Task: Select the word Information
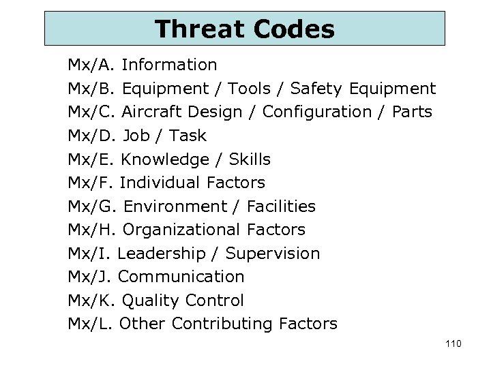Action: [170, 65]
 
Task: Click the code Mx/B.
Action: [93, 89]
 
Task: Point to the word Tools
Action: [249, 89]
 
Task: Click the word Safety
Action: [316, 89]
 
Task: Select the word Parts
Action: [412, 112]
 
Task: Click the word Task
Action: [187, 136]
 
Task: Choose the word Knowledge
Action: [164, 159]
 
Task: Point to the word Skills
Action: [250, 159]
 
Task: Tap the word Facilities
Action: [281, 206]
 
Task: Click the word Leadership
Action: [161, 254]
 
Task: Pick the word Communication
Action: [181, 277]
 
